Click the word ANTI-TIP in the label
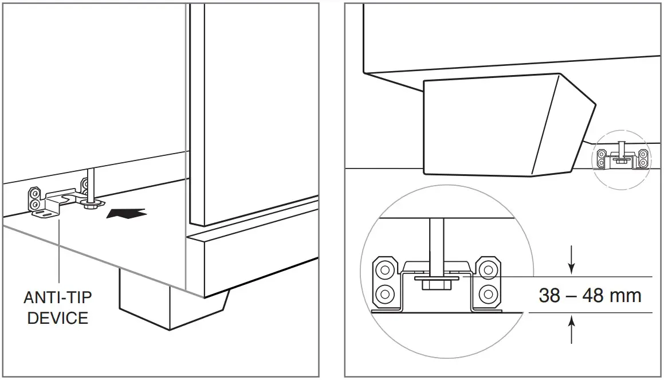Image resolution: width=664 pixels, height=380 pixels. [x=57, y=299]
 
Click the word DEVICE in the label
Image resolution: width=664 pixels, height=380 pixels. [x=57, y=318]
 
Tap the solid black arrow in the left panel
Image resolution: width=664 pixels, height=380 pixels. [x=126, y=214]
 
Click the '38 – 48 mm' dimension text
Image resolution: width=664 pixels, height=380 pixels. [x=590, y=295]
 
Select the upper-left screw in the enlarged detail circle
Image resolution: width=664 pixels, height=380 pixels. [x=385, y=268]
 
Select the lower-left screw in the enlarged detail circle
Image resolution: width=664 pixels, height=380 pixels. [x=385, y=294]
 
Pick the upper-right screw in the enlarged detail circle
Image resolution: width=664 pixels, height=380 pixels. [x=488, y=268]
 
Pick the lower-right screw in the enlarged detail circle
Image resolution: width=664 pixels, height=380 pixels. [x=488, y=294]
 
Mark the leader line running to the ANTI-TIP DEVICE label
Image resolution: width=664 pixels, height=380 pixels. [x=59, y=252]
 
